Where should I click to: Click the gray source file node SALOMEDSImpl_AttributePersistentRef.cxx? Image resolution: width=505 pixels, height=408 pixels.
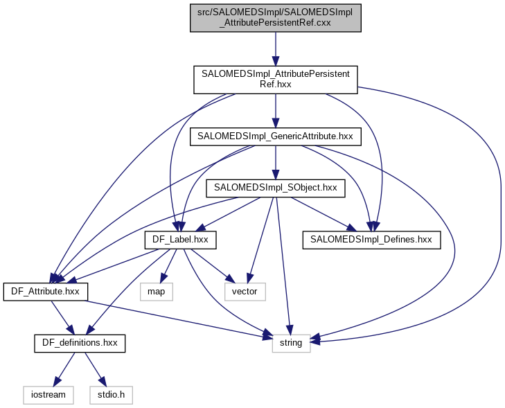point(276,17)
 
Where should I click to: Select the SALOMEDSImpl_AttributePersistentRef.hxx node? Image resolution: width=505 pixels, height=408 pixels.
point(276,79)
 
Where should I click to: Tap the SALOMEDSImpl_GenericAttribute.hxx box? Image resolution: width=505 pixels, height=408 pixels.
point(276,136)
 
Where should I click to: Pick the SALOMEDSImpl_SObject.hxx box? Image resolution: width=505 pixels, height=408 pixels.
point(276,187)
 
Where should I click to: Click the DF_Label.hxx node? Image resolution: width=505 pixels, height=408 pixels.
point(180,240)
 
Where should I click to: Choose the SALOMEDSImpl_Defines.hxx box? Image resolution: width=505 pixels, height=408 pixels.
point(371,240)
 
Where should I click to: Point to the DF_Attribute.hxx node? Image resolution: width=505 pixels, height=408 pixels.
point(46,292)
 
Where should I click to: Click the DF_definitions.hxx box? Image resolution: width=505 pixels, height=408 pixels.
point(80,343)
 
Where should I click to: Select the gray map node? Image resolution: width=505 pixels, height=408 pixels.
point(156,292)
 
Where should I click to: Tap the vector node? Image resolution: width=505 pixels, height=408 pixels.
point(245,292)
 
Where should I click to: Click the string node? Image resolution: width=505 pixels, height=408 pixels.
point(290,343)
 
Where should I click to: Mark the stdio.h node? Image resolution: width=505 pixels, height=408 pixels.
point(110,395)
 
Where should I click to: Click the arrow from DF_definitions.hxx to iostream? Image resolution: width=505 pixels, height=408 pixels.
point(65,367)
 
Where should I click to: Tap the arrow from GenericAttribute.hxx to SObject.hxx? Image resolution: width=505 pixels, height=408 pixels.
point(276,162)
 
